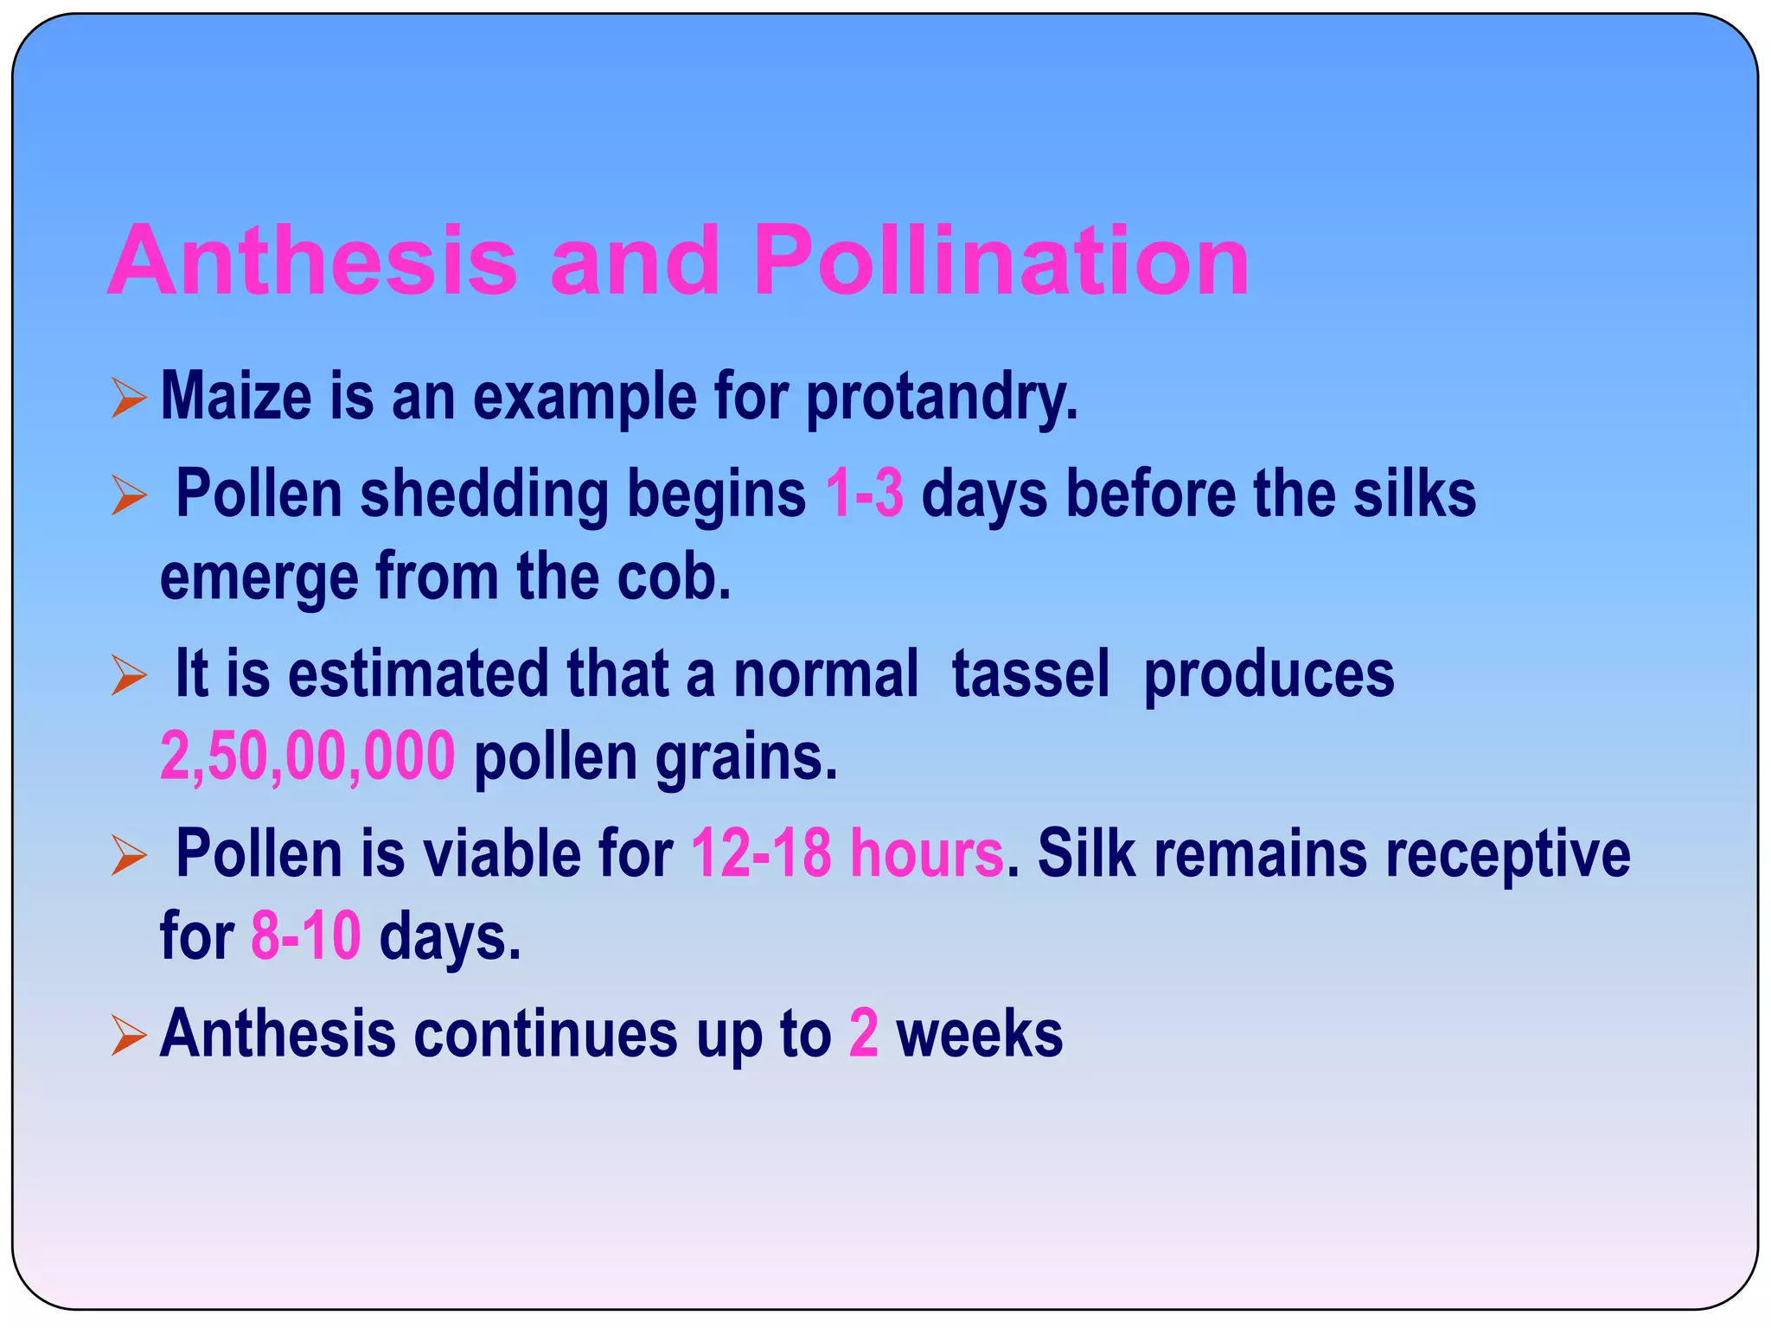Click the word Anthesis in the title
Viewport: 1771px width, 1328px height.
(312, 260)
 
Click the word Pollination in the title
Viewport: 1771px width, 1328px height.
(1001, 260)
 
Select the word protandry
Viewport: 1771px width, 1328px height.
(942, 398)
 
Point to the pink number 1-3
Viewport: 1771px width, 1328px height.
(864, 494)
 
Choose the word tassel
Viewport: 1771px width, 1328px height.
(1030, 674)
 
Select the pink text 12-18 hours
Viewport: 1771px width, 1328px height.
(847, 853)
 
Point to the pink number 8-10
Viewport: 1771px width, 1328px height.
(305, 936)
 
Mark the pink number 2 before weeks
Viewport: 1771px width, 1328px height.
(863, 1033)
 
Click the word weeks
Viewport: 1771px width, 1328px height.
(979, 1033)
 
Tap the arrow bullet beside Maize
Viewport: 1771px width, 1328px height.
(129, 399)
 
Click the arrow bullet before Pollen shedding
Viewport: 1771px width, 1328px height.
(129, 495)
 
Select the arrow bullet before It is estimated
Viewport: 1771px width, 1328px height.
(129, 675)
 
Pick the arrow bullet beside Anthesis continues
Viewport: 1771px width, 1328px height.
(129, 1035)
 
